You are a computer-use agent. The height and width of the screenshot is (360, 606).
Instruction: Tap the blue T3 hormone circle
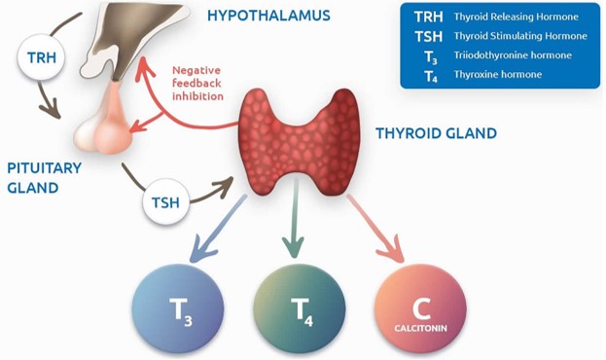pos(178,307)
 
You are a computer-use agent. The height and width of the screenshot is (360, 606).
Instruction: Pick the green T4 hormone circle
pos(300,307)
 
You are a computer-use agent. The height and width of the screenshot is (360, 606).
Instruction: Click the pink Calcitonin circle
pos(420,307)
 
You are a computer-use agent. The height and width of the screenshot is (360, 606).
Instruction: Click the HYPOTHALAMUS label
pos(268,16)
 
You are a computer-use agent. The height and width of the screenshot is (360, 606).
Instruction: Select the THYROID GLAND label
pos(436,132)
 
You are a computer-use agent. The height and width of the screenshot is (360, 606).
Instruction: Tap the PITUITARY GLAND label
pos(44,177)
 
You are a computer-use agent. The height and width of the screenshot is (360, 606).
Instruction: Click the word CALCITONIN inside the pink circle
pos(421,328)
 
